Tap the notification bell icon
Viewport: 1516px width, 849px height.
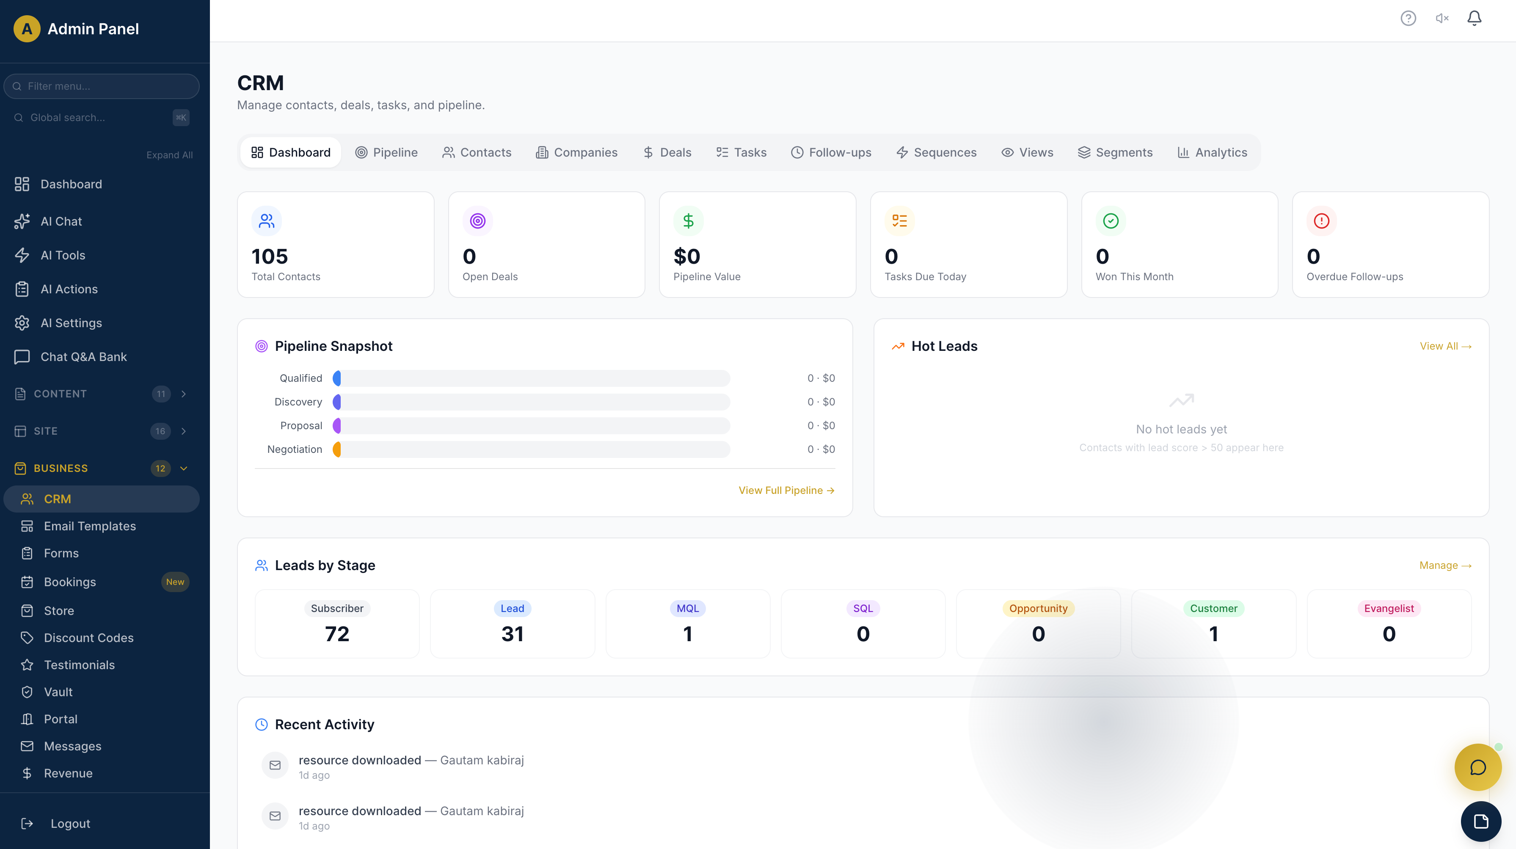point(1474,18)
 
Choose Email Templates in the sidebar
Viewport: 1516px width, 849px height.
point(89,526)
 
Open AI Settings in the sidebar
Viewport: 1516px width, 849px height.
point(71,323)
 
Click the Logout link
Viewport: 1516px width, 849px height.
point(70,824)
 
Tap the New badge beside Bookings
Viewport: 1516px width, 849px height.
point(175,582)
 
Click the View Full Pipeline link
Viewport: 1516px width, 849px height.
point(786,490)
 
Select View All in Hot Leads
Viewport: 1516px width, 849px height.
point(1445,346)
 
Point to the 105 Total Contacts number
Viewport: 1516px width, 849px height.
point(270,256)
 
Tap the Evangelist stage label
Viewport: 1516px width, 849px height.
point(1389,608)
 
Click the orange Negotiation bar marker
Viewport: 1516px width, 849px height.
point(336,449)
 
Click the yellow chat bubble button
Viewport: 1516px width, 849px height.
point(1478,767)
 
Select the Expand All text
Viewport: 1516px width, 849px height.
point(169,155)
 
